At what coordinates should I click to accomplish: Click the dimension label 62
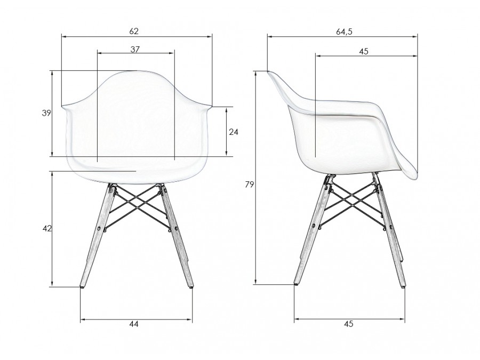pyautogui.click(x=134, y=31)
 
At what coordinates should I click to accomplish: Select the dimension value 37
pyautogui.click(x=135, y=49)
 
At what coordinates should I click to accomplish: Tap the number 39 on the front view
pyautogui.click(x=46, y=113)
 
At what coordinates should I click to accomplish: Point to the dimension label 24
pyautogui.click(x=234, y=132)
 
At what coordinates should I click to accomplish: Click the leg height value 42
pyautogui.click(x=47, y=228)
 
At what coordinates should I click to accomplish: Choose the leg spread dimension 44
pyautogui.click(x=134, y=324)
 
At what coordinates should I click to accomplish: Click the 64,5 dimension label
pyautogui.click(x=345, y=31)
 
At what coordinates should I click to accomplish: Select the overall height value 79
pyautogui.click(x=250, y=185)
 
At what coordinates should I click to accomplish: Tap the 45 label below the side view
pyautogui.click(x=349, y=324)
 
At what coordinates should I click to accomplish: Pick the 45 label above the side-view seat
pyautogui.click(x=364, y=51)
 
